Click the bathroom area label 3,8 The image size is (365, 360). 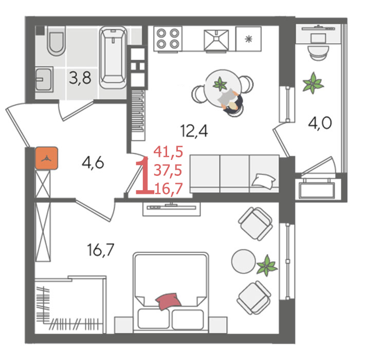(80, 78)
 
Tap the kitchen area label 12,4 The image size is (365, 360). (194, 131)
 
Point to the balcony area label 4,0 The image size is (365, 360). (320, 123)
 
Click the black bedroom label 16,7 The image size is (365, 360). (101, 249)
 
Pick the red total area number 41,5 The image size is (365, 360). (168, 151)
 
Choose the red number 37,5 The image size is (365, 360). (168, 170)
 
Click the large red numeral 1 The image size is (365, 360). (144, 175)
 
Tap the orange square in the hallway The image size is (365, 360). (47, 158)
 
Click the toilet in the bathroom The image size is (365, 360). (56, 43)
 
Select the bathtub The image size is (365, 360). (113, 57)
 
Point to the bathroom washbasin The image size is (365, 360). (44, 79)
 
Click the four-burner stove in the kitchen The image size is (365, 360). (168, 39)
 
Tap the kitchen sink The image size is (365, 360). (216, 40)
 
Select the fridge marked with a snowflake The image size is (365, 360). (249, 39)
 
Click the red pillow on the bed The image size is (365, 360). (168, 301)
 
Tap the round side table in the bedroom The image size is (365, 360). (244, 261)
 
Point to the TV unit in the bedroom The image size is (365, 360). (172, 209)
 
